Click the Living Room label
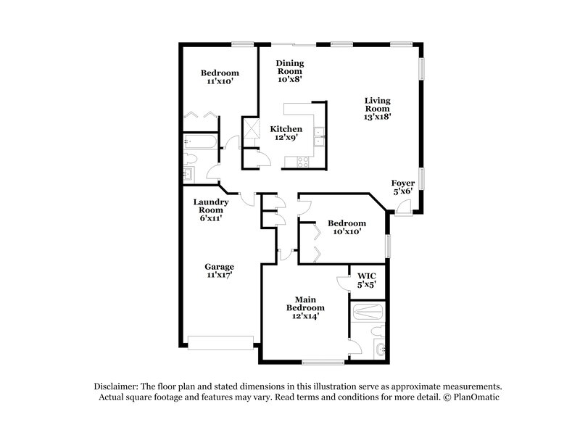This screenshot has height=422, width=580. coord(378,108)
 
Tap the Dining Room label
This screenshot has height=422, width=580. coord(289,71)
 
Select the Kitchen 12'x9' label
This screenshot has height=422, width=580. coord(286,133)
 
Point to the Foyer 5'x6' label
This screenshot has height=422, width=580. coord(402,187)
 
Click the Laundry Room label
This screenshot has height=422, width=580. coord(211,210)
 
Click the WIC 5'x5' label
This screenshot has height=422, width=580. coord(365,280)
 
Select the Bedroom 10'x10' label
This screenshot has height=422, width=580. coord(346,227)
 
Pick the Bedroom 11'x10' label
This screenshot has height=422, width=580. coord(220,78)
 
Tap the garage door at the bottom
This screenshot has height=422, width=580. coord(220,341)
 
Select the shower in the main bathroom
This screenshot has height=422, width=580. coord(367,313)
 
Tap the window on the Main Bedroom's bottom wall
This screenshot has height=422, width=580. coord(323,361)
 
